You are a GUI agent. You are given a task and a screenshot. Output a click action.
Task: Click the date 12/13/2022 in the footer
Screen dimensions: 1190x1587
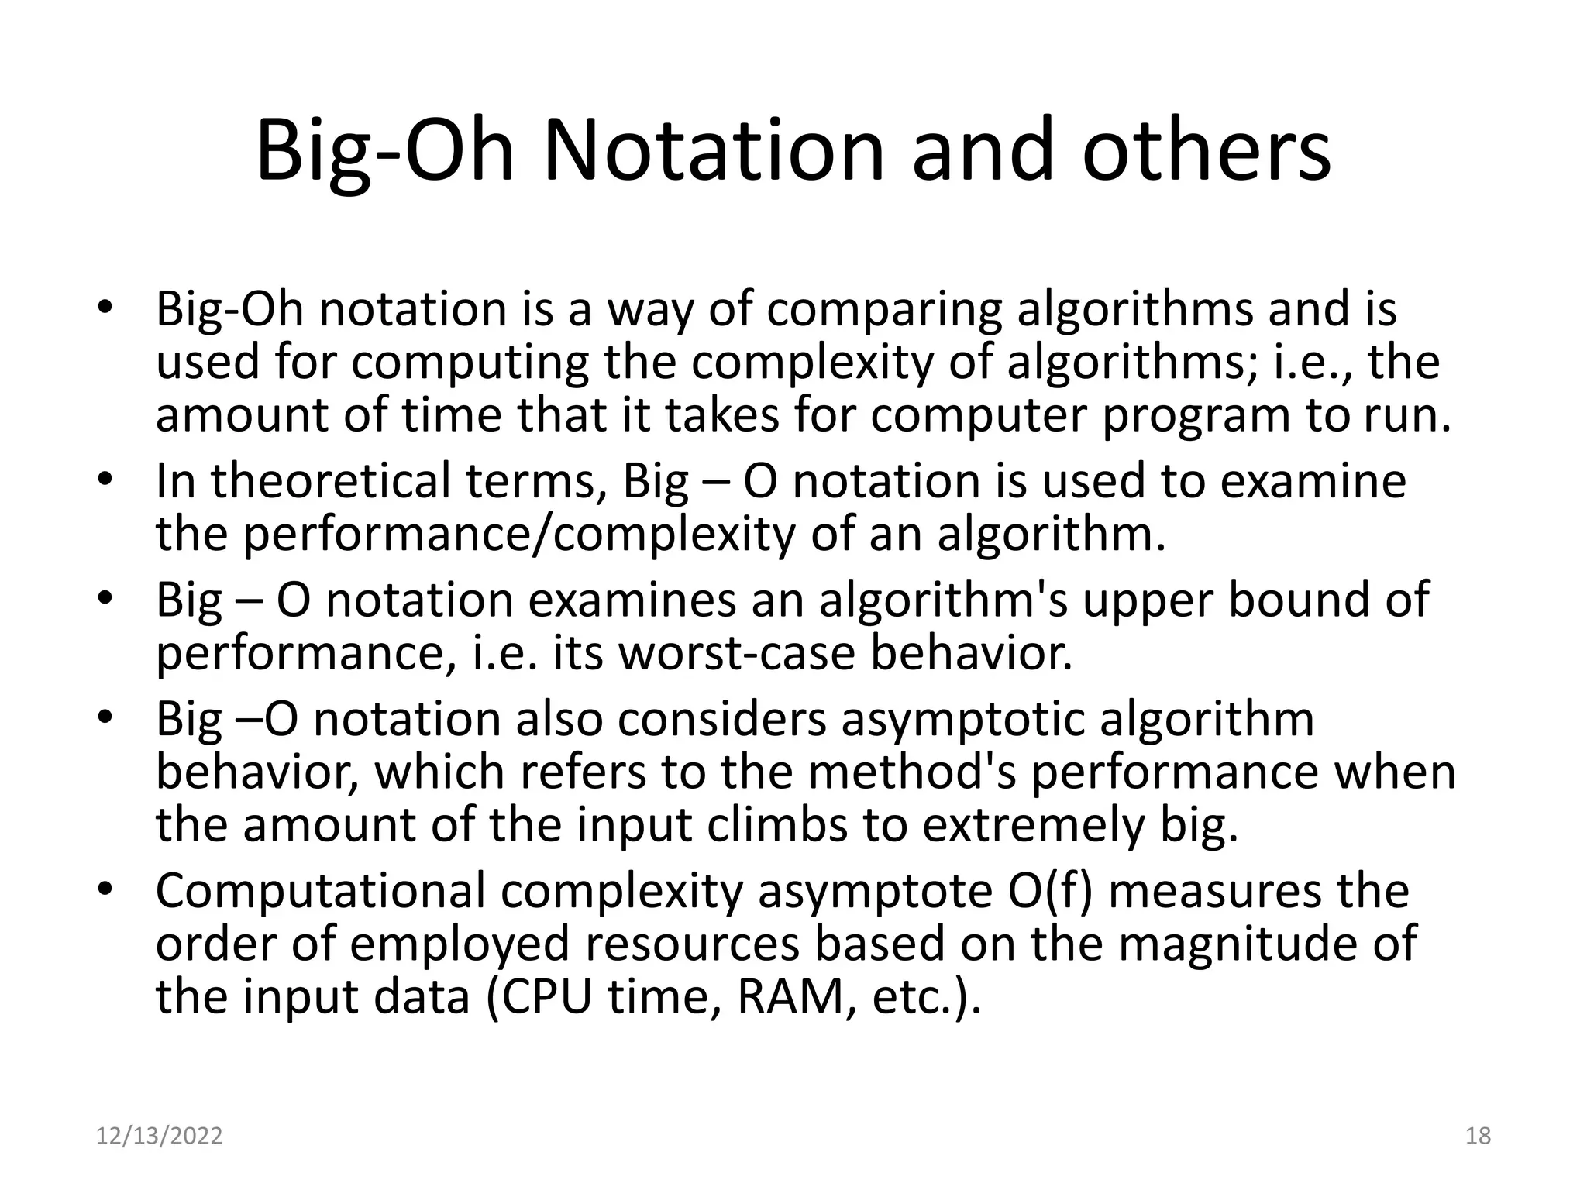[159, 1136]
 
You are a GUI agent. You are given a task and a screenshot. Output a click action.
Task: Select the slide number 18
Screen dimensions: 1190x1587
[1478, 1136]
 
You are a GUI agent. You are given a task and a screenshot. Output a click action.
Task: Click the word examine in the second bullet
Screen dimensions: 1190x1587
[1313, 481]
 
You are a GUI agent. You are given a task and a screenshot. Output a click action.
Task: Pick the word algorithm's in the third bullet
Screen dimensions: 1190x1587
[942, 600]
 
